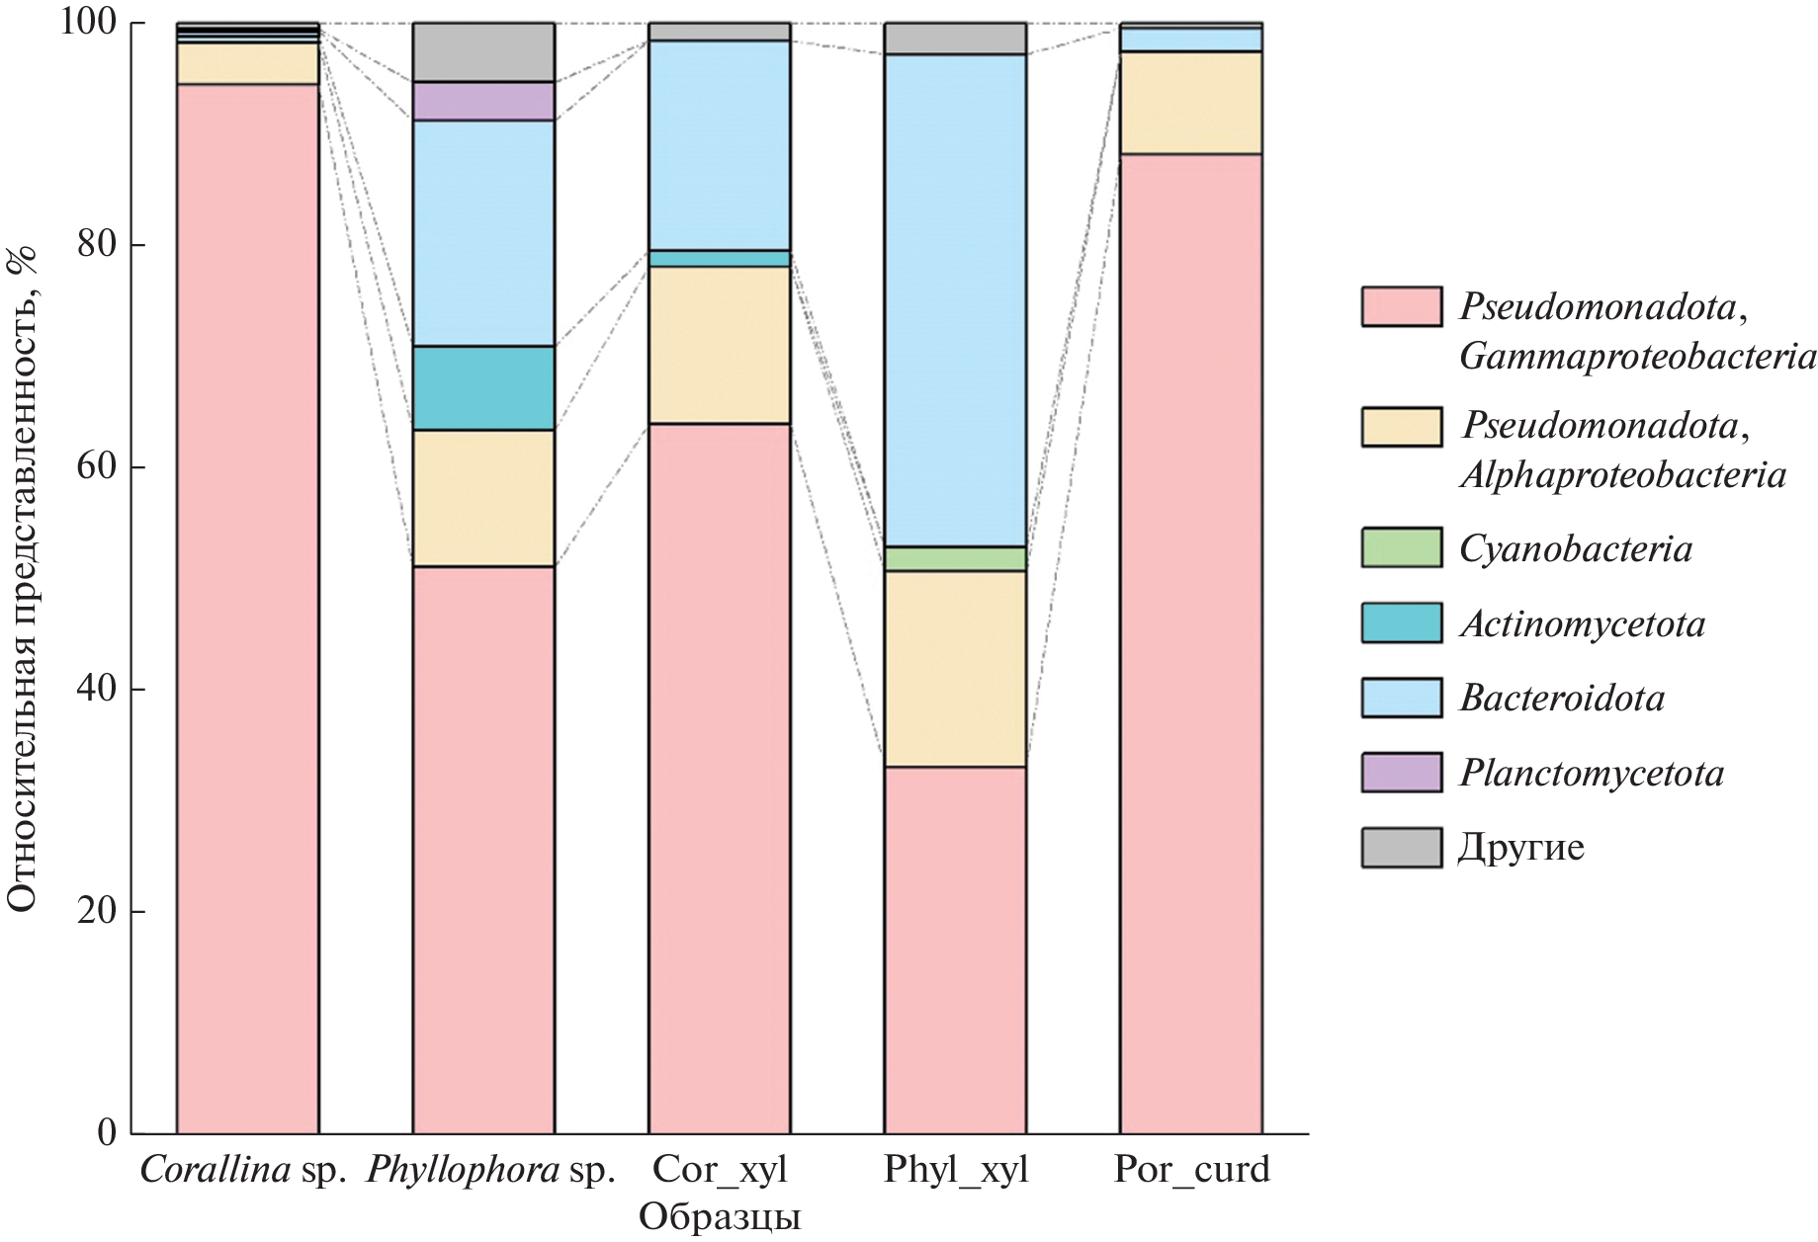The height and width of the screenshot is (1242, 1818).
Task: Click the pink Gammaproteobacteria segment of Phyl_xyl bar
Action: [955, 949]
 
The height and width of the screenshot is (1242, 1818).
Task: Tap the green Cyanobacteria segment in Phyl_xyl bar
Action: [955, 559]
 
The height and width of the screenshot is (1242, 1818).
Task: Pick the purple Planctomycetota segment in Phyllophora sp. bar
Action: [483, 101]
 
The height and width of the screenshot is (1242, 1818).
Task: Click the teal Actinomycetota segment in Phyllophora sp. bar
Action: [483, 388]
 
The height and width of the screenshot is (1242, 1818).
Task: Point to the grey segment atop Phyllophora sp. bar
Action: [483, 51]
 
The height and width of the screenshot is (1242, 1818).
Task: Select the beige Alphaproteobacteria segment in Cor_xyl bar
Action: [719, 345]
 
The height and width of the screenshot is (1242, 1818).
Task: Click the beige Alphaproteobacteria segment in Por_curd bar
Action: [1190, 103]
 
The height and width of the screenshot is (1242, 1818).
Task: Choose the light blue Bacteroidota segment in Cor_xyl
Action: [719, 145]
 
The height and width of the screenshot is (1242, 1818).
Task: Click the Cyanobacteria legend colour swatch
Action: [1401, 548]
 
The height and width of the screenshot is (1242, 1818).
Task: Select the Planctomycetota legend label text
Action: [1592, 773]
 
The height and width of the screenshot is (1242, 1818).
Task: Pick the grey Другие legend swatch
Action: [1401, 848]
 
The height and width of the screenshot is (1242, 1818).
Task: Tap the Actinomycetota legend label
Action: [1583, 624]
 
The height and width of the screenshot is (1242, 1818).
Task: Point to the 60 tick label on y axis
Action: [96, 466]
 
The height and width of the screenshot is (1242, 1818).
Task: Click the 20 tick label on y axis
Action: [96, 910]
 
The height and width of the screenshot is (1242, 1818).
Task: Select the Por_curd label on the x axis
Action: [1191, 1170]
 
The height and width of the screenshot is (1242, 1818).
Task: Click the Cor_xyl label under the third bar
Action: [720, 1170]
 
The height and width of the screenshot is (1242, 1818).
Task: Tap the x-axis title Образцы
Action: [720, 1217]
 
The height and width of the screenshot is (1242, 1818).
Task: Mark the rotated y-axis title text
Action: [22, 578]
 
